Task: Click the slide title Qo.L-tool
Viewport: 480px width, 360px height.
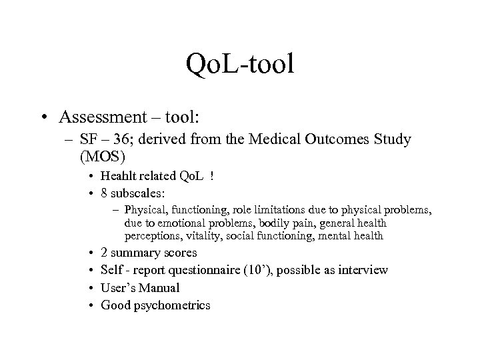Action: (x=240, y=65)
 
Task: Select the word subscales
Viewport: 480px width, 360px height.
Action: (x=133, y=193)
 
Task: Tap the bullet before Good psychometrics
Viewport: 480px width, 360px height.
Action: (x=89, y=306)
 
